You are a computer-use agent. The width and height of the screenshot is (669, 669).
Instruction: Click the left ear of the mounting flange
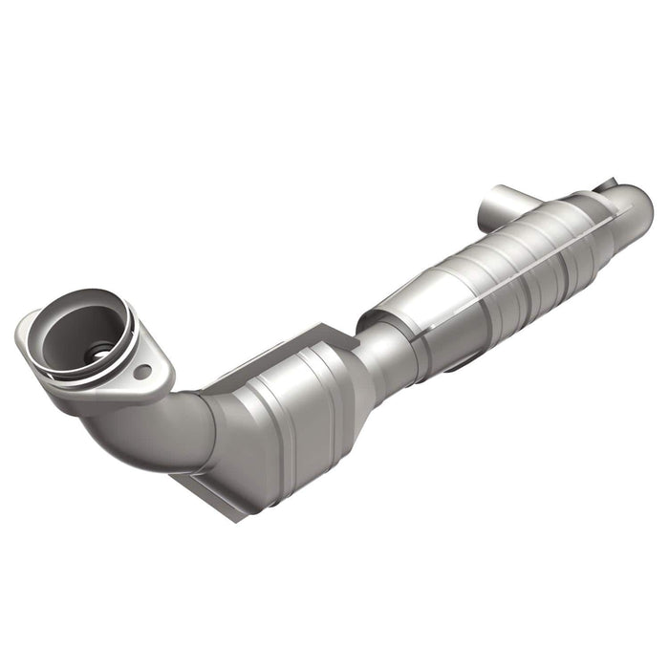26,330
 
